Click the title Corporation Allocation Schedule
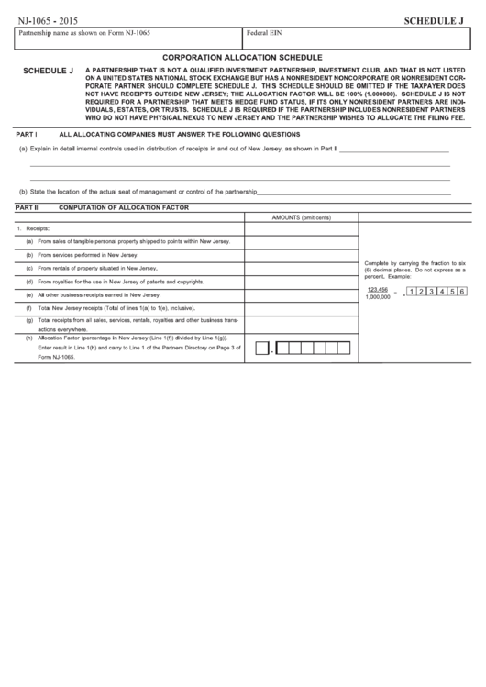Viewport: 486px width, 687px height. [x=243, y=57]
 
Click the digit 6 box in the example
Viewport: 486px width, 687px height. [x=462, y=293]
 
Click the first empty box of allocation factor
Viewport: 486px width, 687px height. [x=261, y=349]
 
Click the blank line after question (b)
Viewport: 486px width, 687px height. [x=353, y=193]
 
